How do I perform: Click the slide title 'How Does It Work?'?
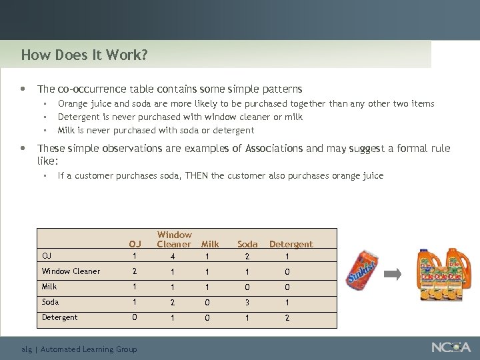(x=84, y=55)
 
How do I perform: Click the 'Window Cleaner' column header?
(x=174, y=239)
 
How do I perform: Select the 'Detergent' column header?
(x=291, y=245)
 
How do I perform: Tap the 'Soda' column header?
(x=247, y=245)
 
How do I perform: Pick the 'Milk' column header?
(x=210, y=245)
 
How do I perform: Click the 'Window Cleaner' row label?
(x=71, y=271)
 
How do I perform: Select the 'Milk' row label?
(x=49, y=287)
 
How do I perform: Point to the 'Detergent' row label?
(x=59, y=317)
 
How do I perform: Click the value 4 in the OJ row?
(x=173, y=256)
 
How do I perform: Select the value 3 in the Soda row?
(x=247, y=302)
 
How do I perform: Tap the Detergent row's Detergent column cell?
(x=287, y=317)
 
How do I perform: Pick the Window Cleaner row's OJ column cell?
(x=135, y=271)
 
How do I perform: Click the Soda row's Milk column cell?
(x=207, y=302)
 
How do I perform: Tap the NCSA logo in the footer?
(x=451, y=347)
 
